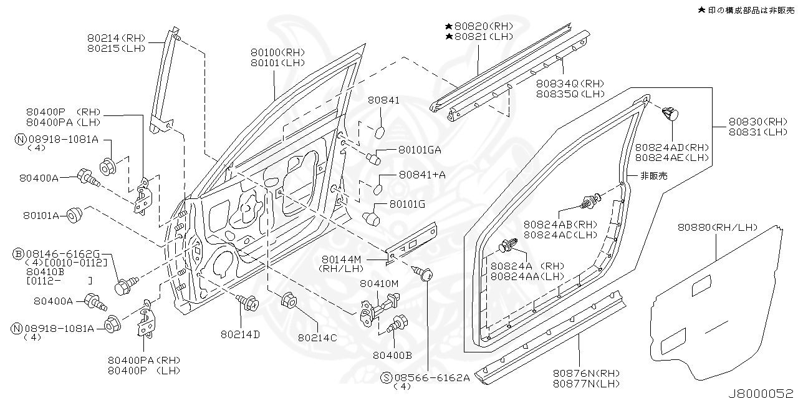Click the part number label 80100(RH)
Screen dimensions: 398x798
pyautogui.click(x=278, y=52)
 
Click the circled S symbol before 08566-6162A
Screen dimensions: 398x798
pyautogui.click(x=387, y=377)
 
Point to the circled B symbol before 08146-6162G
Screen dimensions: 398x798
pyautogui.click(x=19, y=253)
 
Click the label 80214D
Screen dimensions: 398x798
pyautogui.click(x=239, y=334)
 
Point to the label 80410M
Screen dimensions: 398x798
pyautogui.click(x=378, y=284)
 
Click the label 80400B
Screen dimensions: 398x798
pyautogui.click(x=392, y=355)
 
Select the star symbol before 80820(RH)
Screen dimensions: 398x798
pyautogui.click(x=448, y=27)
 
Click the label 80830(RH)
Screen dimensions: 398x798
pyautogui.click(x=758, y=122)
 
